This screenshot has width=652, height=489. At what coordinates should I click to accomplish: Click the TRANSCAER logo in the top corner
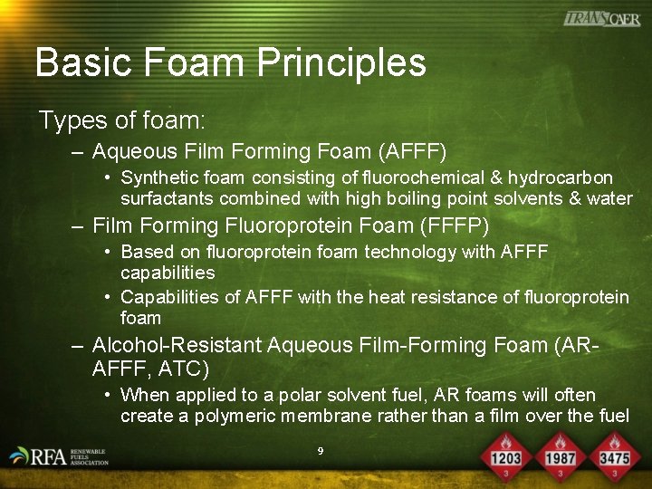(602, 18)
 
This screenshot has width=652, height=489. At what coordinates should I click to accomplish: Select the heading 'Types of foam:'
(122, 120)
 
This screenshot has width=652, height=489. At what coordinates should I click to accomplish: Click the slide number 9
(321, 450)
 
